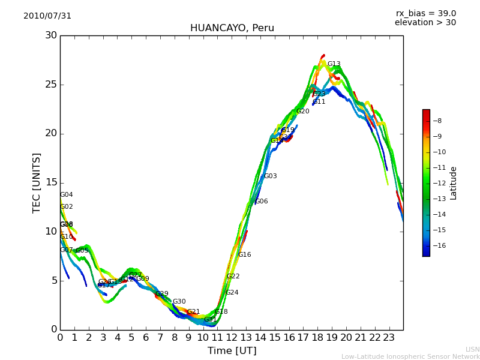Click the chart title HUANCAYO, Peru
[x=232, y=28]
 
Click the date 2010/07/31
[x=47, y=16]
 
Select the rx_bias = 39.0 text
[x=425, y=14]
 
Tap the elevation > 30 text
[x=425, y=23]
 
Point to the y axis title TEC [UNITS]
[x=37, y=182]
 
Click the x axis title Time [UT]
[x=232, y=351]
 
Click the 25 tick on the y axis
[x=51, y=85]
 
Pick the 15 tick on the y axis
[x=51, y=182]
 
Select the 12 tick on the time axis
[x=232, y=337]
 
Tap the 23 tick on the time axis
[x=389, y=337]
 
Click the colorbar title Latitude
[x=454, y=183]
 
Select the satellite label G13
[x=334, y=64]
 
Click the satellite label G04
[x=67, y=195]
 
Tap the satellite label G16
[x=244, y=255]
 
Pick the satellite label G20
[x=303, y=112]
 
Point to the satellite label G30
[x=179, y=302]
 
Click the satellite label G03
[x=271, y=176]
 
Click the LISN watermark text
[x=472, y=349]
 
